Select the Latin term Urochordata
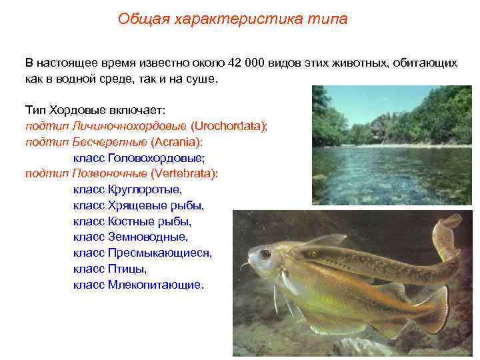[229, 126]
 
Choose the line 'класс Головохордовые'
[139, 158]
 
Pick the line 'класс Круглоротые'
[127, 189]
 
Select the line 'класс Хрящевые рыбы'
[139, 205]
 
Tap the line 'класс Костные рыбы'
[132, 221]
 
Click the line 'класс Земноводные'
[131, 237]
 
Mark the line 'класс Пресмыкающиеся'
[143, 253]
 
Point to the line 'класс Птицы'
[109, 269]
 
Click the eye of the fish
[265, 253]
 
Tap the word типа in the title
[329, 19]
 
